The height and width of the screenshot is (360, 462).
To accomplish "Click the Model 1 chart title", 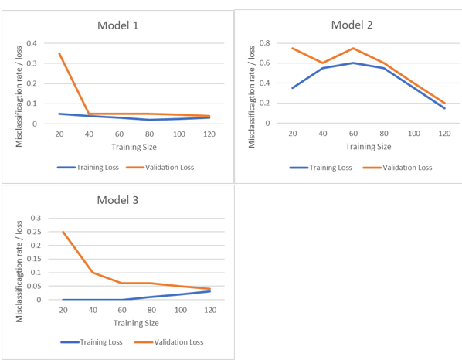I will point(118,25).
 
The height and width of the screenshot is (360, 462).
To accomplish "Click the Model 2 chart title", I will point(352,25).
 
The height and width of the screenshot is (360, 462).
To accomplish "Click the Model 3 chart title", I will point(118,201).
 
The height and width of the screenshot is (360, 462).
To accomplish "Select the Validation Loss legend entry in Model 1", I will point(165,166).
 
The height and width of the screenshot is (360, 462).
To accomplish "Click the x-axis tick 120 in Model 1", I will point(209,134).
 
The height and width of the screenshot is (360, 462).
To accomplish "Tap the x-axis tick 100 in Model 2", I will point(413,134).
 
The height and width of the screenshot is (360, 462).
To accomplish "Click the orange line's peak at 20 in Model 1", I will point(59,53).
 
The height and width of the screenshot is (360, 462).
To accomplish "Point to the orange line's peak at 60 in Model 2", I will point(353,48).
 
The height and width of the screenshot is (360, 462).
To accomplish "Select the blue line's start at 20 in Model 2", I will point(292,88).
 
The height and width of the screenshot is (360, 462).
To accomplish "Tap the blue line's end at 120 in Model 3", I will point(209,291).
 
